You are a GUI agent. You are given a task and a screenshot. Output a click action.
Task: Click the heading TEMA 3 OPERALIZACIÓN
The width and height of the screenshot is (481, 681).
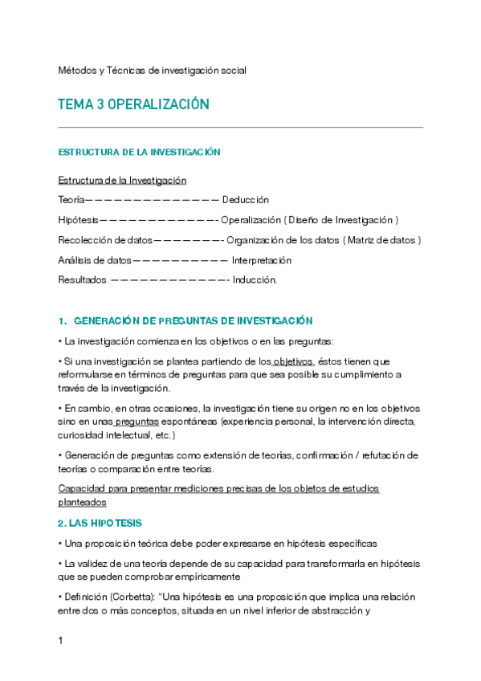coord(133,105)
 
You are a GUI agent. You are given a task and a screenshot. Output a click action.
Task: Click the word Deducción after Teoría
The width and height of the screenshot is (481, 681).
coord(245,199)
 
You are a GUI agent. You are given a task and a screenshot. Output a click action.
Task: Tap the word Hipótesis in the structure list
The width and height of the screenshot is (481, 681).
coord(78,219)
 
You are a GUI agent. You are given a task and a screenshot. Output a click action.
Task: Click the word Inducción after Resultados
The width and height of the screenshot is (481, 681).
coord(255,280)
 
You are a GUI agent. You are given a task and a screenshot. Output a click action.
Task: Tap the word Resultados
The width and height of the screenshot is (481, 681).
coord(82,280)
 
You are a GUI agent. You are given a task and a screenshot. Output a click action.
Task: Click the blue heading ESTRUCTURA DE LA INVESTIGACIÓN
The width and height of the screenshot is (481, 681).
coord(139,152)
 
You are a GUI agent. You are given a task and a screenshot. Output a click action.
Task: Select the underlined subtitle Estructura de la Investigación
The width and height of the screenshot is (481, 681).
coord(122,180)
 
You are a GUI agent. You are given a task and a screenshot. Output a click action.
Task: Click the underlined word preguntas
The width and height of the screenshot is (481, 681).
coord(137,422)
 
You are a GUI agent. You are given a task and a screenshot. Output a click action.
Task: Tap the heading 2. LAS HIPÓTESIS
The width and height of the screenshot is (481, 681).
coord(100,523)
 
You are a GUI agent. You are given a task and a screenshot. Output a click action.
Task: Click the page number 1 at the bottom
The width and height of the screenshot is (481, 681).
coord(61,641)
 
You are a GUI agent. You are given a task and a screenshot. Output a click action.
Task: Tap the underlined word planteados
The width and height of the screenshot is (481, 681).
coord(82,503)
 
